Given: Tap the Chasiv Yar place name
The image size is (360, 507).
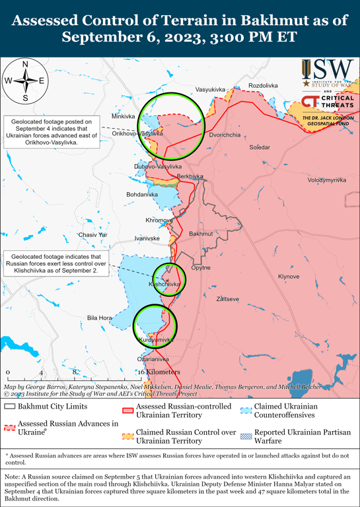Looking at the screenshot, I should (x=92, y=235).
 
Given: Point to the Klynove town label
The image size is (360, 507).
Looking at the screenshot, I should (x=289, y=276).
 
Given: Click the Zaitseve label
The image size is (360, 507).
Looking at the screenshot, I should (x=228, y=299).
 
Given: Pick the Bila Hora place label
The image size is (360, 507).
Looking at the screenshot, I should (x=100, y=318).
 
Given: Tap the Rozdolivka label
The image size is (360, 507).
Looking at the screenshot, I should (x=263, y=86).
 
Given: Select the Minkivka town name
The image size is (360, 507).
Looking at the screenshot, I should (x=123, y=116).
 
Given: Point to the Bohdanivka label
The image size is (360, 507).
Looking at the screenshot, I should (x=142, y=195).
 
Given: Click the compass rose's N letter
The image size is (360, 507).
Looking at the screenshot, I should (x=25, y=64).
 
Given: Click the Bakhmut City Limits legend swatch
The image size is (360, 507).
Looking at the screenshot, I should (x=9, y=407).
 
